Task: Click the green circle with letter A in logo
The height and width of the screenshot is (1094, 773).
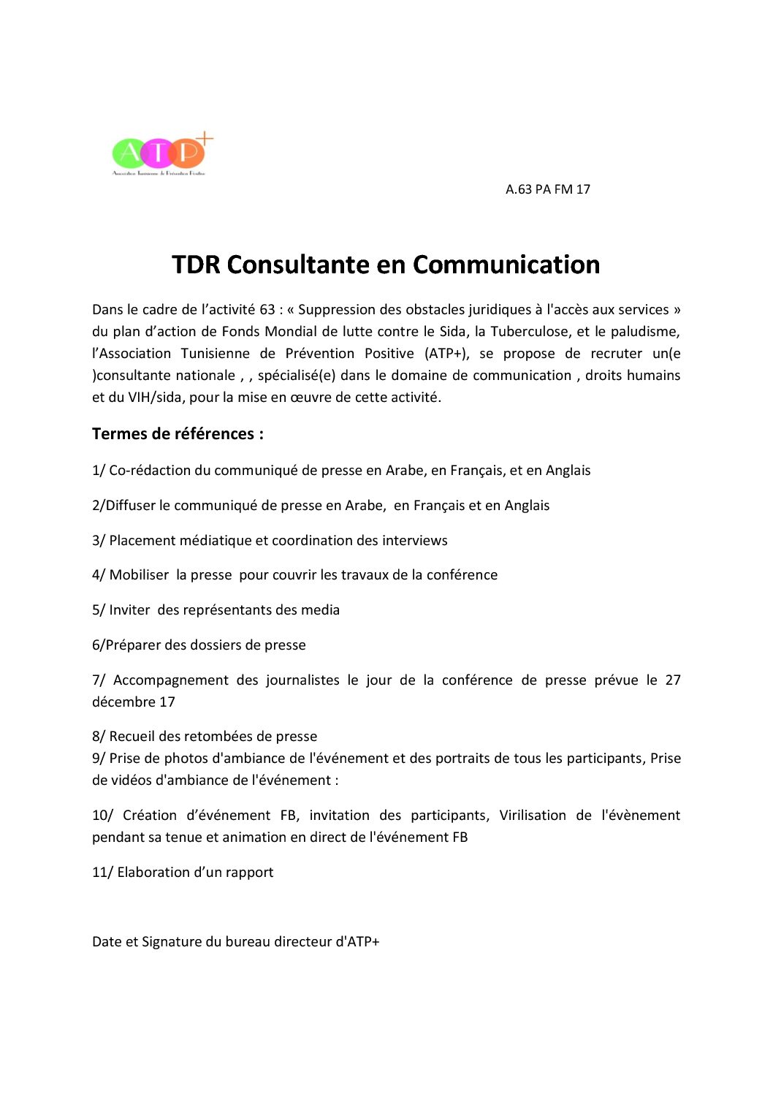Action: coord(129,153)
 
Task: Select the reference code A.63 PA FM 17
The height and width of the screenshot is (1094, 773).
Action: coord(547,189)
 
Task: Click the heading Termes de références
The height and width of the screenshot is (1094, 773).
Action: coord(178,434)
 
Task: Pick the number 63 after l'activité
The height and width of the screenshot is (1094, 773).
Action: coord(267,310)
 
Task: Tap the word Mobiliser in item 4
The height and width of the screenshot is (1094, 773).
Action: coord(139,575)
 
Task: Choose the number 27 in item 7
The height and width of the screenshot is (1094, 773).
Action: coord(672,680)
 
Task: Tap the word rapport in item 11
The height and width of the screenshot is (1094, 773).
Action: coord(249,873)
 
